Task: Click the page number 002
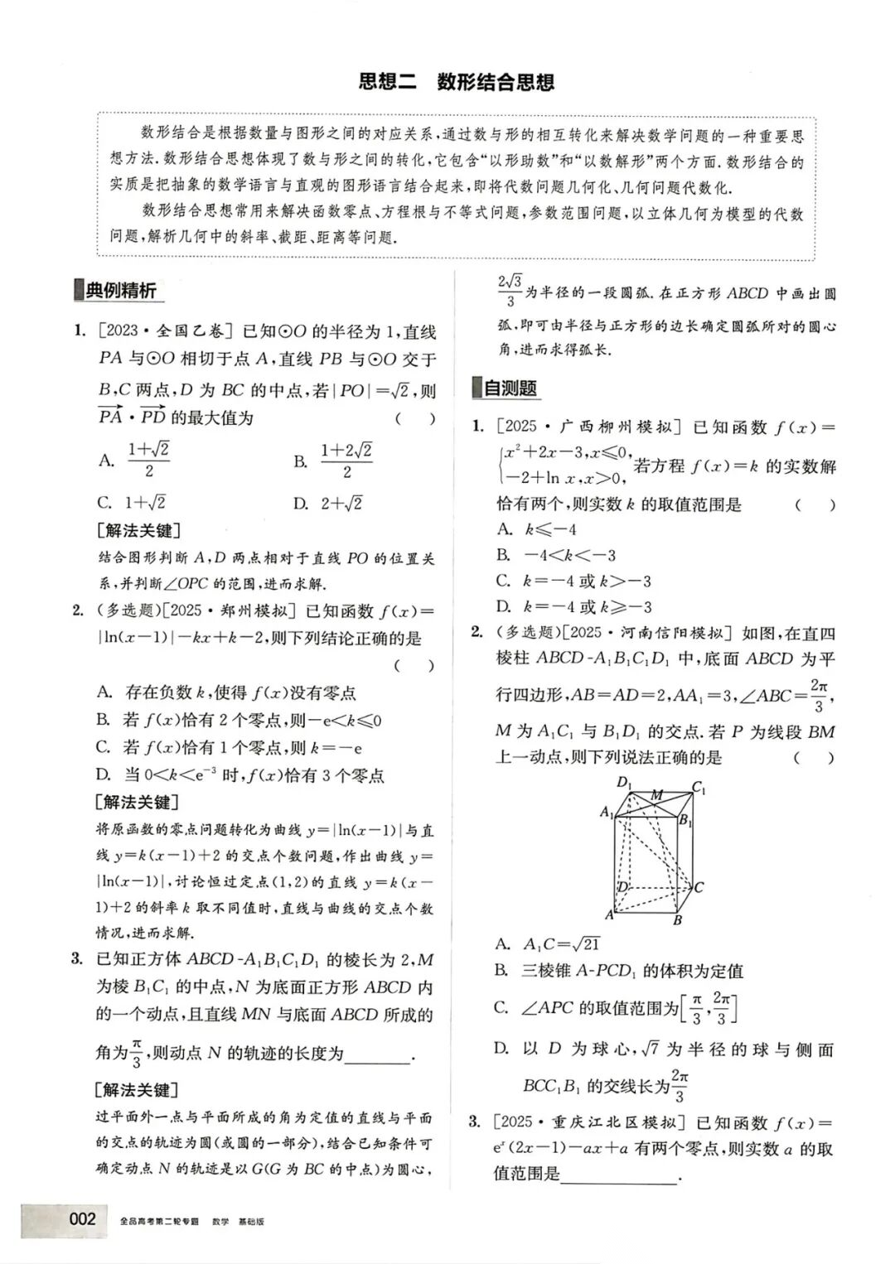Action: (83, 1218)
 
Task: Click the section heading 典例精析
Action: (120, 291)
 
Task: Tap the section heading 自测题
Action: (509, 388)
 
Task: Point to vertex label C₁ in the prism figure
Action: (698, 788)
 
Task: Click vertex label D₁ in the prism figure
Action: (624, 782)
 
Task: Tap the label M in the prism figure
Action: (656, 794)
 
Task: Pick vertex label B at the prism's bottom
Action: (677, 919)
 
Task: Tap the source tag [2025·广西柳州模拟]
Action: (588, 427)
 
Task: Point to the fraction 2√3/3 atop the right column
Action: (509, 291)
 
